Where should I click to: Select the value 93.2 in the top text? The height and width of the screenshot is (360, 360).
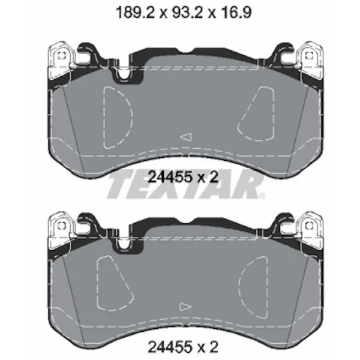(187, 12)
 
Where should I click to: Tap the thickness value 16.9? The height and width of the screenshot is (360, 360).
(236, 12)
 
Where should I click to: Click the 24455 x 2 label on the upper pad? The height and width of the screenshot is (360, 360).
(183, 177)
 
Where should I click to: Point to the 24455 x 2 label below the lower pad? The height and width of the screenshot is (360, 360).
(183, 347)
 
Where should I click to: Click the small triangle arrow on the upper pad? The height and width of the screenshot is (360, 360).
(186, 137)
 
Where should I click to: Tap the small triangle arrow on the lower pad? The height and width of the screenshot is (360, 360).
(185, 307)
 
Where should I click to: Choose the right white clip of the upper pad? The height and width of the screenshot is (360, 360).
(309, 60)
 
